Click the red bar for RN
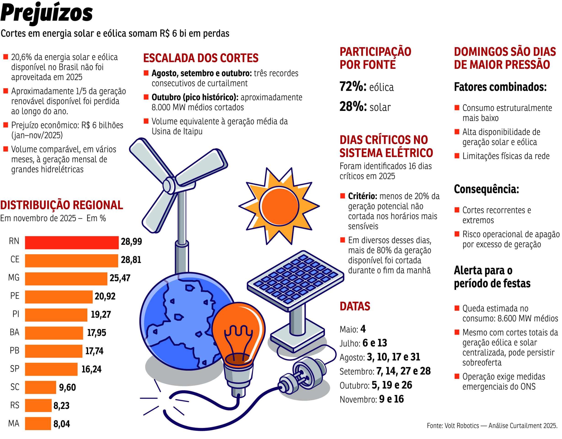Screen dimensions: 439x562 (72, 243)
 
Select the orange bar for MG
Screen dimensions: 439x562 (66, 279)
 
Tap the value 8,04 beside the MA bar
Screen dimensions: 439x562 (62, 424)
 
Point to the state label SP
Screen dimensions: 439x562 (15, 369)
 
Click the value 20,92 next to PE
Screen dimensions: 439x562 (105, 297)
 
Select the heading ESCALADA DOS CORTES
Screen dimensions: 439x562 (201, 58)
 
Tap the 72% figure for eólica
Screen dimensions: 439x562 (352, 87)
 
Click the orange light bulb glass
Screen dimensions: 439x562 (238, 332)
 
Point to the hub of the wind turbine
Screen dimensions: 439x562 (169, 184)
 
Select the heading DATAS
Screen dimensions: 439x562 (355, 306)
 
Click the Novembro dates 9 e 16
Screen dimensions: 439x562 (391, 399)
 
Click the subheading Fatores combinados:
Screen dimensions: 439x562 (500, 87)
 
